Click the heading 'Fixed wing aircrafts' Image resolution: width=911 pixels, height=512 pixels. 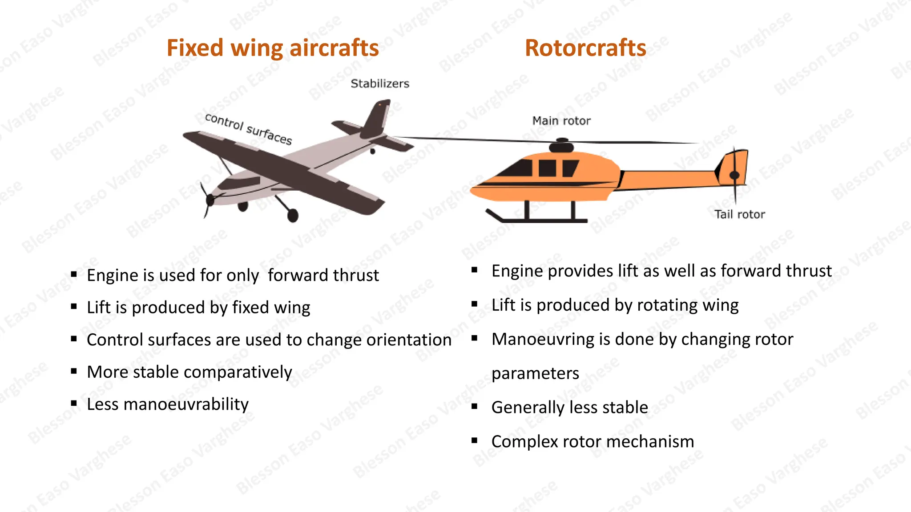coord(272,48)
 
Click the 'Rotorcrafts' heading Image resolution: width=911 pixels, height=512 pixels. coord(585,48)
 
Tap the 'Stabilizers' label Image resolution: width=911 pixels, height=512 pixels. coord(380,84)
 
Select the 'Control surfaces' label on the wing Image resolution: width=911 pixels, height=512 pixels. coord(248,129)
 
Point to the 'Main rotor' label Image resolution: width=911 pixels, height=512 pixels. coord(561,121)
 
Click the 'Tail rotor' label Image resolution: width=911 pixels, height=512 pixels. coord(739,214)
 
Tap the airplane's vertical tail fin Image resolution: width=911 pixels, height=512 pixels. coord(376,118)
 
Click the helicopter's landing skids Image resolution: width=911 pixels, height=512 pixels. coord(538,219)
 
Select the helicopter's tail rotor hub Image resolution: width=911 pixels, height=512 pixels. coord(734,175)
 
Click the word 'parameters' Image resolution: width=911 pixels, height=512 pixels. coord(535,373)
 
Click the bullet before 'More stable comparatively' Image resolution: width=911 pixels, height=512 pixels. coord(74,371)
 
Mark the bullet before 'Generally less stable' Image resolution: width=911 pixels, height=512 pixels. coord(475,406)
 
